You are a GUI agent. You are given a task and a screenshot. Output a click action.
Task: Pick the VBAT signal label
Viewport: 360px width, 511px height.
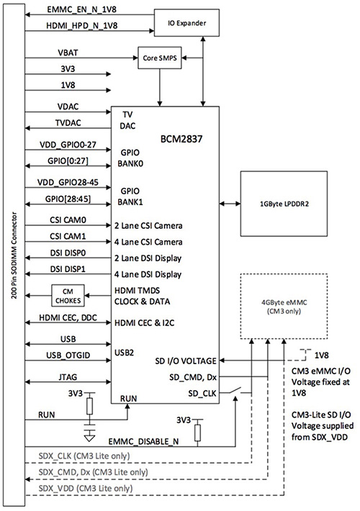tap(69, 53)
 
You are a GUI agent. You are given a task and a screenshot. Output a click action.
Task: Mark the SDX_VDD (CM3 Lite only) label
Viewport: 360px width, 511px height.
tap(84, 488)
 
